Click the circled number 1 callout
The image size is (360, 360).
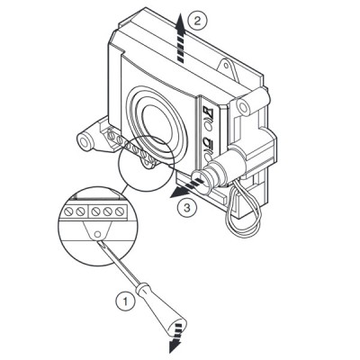125,301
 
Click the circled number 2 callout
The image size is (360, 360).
197,21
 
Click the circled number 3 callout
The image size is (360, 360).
187,208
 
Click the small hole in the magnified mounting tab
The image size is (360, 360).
96,234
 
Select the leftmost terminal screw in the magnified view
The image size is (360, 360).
68,212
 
